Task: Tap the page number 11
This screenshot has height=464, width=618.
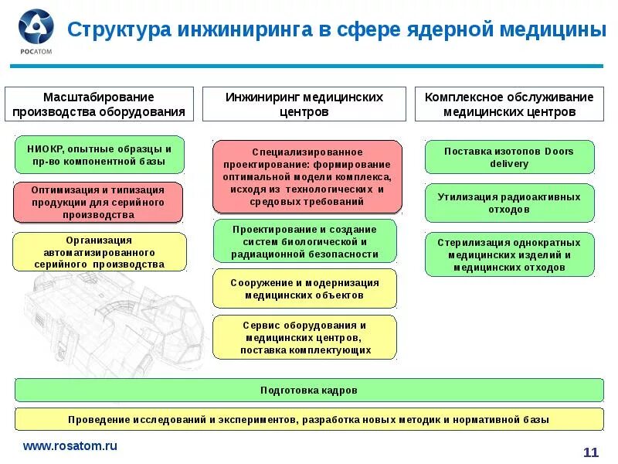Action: [590, 452]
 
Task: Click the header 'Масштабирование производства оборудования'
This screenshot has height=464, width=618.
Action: [99, 104]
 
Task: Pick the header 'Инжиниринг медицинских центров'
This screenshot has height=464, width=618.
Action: [304, 104]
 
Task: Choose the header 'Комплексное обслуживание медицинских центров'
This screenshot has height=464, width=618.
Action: [509, 104]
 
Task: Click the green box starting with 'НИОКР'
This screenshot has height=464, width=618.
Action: [99, 155]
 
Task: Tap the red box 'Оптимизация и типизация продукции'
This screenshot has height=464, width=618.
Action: [99, 202]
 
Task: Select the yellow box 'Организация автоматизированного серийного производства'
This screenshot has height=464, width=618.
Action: [99, 252]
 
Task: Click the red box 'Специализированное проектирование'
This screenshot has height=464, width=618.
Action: [307, 176]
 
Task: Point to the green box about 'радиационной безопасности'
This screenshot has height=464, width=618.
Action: [304, 241]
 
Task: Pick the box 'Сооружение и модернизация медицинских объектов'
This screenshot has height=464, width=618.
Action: [304, 288]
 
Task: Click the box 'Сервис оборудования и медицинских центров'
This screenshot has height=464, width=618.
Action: [304, 337]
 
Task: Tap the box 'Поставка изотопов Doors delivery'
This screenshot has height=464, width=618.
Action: [509, 157]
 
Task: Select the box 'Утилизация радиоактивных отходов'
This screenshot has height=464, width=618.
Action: [509, 203]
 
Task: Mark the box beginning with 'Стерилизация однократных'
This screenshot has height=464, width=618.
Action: [509, 254]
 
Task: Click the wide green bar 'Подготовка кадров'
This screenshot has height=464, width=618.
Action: [309, 391]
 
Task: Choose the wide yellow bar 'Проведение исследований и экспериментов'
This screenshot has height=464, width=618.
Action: [309, 419]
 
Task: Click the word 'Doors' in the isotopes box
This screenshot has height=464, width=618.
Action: [559, 151]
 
